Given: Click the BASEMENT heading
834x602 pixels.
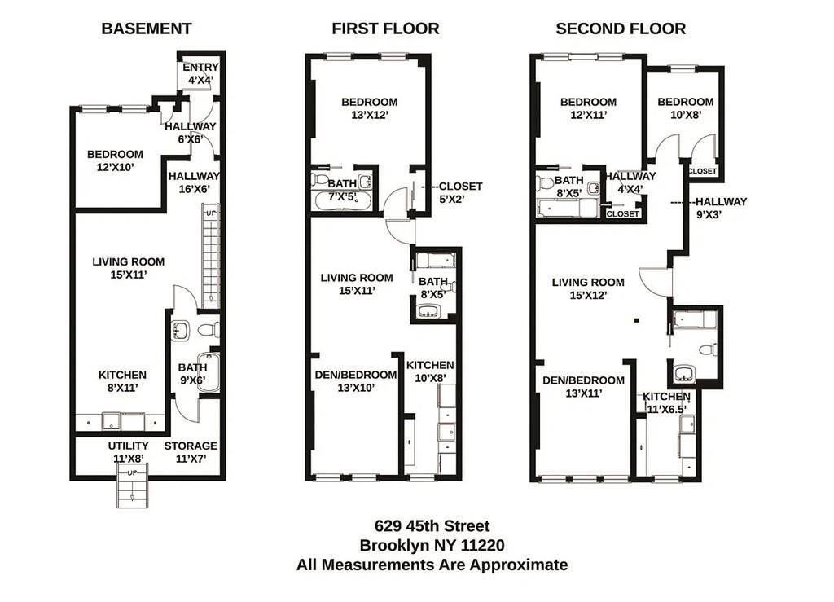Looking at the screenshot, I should tap(147, 29).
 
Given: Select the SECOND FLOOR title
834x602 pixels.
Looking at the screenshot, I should tap(621, 29).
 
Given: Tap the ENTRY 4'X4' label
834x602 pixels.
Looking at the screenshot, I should tap(200, 73).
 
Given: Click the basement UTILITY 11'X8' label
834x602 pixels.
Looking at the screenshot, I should tap(128, 452).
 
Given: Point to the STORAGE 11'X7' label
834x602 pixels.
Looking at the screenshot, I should tap(191, 452).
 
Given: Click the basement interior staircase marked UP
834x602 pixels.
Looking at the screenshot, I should tap(210, 257).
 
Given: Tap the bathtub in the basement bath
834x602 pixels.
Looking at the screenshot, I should tap(209, 372).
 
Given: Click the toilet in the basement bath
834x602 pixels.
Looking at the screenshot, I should tap(208, 330).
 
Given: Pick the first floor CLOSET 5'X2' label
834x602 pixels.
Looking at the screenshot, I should tap(460, 191).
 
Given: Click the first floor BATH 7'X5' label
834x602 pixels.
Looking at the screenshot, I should tap(342, 189).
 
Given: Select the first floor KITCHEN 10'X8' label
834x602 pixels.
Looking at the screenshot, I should tap(430, 371).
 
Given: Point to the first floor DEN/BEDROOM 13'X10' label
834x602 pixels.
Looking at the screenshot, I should tap(356, 381).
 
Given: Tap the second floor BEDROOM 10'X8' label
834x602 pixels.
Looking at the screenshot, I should tap(685, 108).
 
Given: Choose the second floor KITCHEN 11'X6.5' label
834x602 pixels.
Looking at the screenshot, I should tap(666, 402).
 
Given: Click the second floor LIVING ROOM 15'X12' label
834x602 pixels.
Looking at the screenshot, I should tap(588, 288).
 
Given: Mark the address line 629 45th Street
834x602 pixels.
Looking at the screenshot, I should tap(432, 526).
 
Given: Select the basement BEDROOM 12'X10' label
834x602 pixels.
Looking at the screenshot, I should tap(115, 160).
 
